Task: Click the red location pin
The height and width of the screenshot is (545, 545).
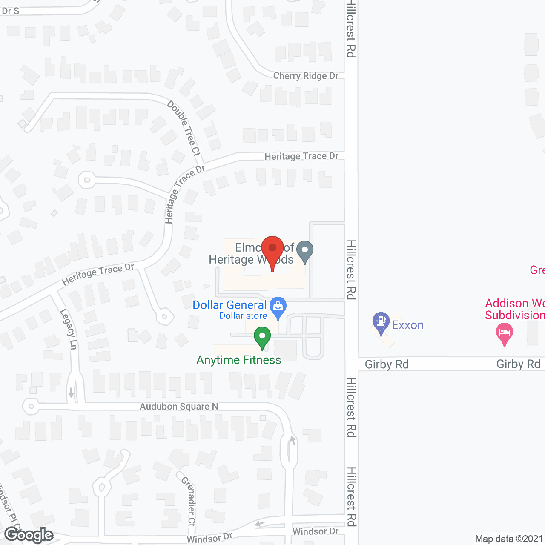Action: (x=272, y=248)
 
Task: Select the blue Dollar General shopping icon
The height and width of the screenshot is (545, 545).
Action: (x=278, y=306)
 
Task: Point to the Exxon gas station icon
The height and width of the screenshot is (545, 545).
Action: (x=381, y=322)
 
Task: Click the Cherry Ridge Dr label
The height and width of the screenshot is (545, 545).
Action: (x=306, y=76)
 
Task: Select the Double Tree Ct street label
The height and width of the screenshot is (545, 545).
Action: (x=184, y=128)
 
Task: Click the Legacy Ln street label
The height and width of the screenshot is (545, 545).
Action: (x=69, y=329)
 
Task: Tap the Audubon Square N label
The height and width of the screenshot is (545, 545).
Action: (x=179, y=407)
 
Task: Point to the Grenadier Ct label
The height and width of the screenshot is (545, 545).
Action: (x=189, y=501)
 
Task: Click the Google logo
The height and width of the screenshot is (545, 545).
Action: (x=29, y=535)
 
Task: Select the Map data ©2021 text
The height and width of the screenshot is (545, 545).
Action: (x=509, y=539)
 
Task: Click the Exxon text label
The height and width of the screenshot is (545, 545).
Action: (x=407, y=325)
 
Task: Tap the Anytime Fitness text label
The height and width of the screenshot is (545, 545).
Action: (x=238, y=360)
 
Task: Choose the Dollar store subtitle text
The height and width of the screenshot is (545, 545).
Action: (x=243, y=316)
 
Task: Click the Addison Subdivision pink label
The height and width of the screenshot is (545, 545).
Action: (x=515, y=309)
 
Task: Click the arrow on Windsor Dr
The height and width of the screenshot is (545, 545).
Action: (x=260, y=523)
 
